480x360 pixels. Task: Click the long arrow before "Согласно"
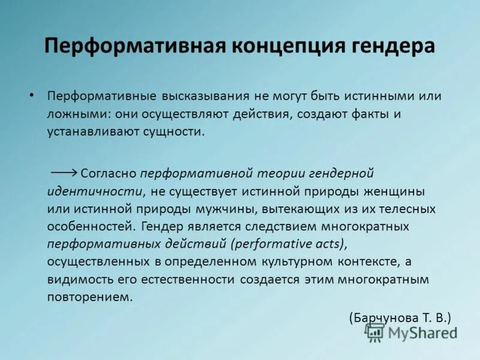(64, 172)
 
